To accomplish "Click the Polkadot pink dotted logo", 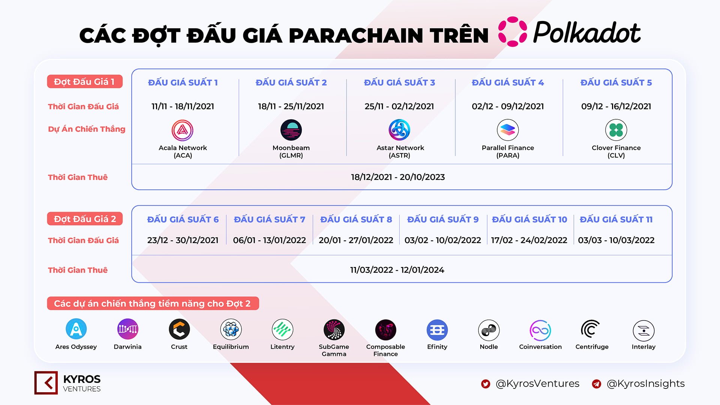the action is pos(513,31).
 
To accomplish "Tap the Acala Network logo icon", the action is pos(182,130).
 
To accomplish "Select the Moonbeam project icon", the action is pos(291,130).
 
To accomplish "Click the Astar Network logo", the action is pos(399,130).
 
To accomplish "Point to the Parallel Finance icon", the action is pos(508,130).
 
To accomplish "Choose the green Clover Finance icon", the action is pos(616,130).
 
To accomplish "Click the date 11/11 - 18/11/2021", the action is pos(183,106).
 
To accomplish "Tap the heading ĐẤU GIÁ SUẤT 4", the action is pos(508,82).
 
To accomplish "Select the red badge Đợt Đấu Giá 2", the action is pos(85,219).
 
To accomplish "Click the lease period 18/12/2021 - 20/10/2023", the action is pos(398,177).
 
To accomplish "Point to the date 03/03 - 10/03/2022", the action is pos(616,240).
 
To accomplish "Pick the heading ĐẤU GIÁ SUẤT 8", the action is pos(356,219).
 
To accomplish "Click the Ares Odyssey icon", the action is pos(76,329).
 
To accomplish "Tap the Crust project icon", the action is pos(179,329).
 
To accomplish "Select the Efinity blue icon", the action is pos(437,330).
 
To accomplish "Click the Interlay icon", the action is pos(643,331).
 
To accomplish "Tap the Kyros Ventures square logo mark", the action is pos(46,383).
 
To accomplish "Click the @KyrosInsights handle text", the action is pos(645,384).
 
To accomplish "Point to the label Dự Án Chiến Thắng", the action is pos(87,129).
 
